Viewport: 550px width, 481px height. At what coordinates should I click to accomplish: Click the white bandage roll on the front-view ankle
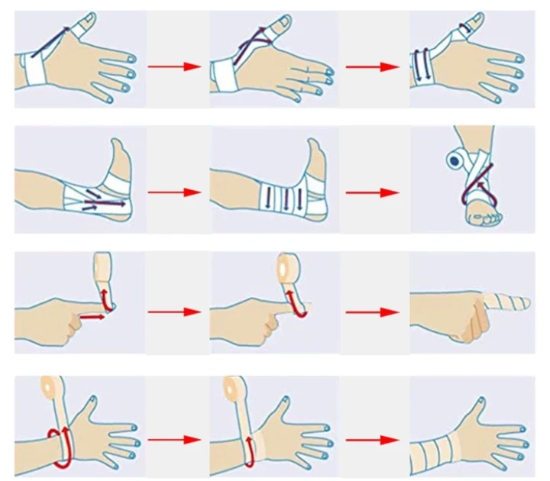[x=458, y=160]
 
